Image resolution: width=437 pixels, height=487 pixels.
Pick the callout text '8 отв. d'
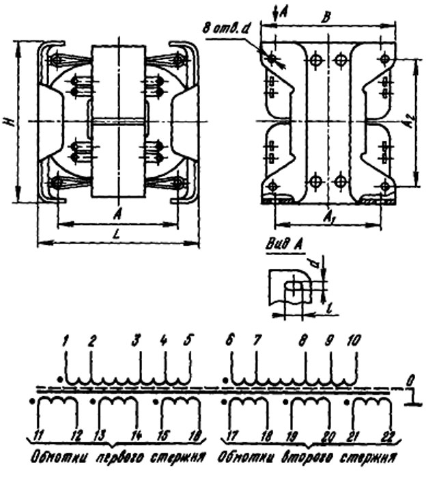pyautogui.click(x=225, y=29)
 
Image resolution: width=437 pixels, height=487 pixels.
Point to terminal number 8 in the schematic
pyautogui.click(x=304, y=340)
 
